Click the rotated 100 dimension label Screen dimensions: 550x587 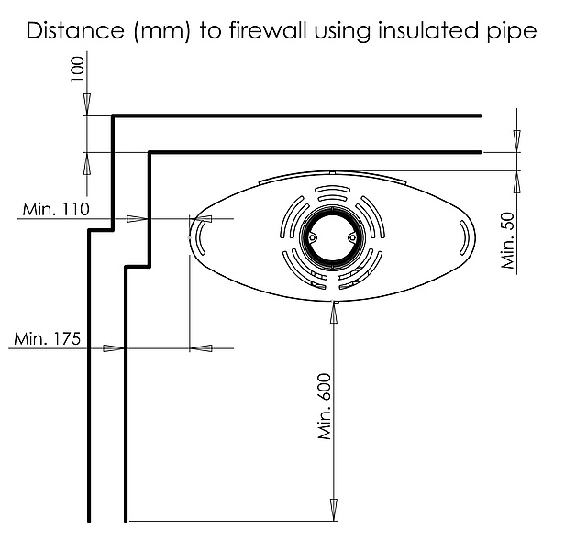tap(77, 70)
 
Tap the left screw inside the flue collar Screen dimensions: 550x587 tap(313, 236)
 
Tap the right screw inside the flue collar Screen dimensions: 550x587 tap(351, 236)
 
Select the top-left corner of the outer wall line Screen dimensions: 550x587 tap(112, 116)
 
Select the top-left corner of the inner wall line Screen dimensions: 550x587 tap(149, 151)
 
